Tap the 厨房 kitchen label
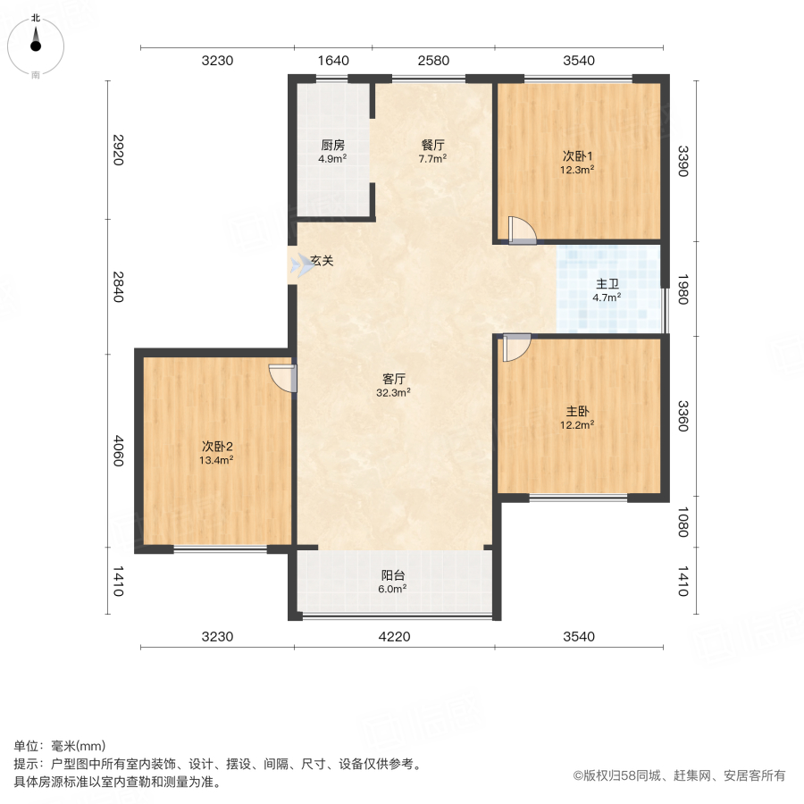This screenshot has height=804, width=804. pyautogui.click(x=332, y=145)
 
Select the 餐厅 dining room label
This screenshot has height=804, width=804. pyautogui.click(x=433, y=145)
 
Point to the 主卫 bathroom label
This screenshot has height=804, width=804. pyautogui.click(x=607, y=284)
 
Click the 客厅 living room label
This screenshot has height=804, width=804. pyautogui.click(x=394, y=378)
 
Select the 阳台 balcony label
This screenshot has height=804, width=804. pyautogui.click(x=393, y=575)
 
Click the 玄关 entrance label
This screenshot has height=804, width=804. pyautogui.click(x=322, y=262)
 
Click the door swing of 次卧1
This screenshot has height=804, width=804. pyautogui.click(x=521, y=230)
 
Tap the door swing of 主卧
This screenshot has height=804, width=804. pyautogui.click(x=516, y=348)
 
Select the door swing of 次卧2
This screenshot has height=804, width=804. pyautogui.click(x=282, y=378)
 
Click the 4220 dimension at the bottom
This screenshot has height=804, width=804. pyautogui.click(x=394, y=637)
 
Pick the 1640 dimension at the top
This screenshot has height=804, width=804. pyautogui.click(x=332, y=61)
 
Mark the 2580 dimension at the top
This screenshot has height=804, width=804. pyautogui.click(x=433, y=61)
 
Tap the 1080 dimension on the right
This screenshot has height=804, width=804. pyautogui.click(x=683, y=521)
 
